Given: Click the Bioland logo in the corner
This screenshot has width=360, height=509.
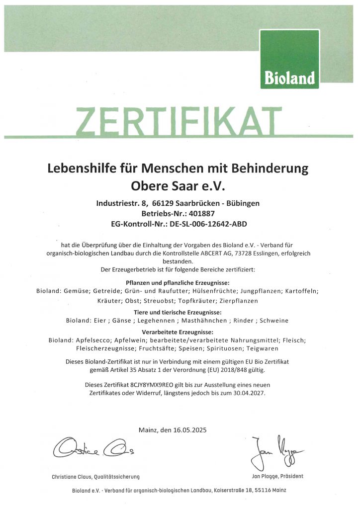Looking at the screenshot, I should (289, 59).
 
